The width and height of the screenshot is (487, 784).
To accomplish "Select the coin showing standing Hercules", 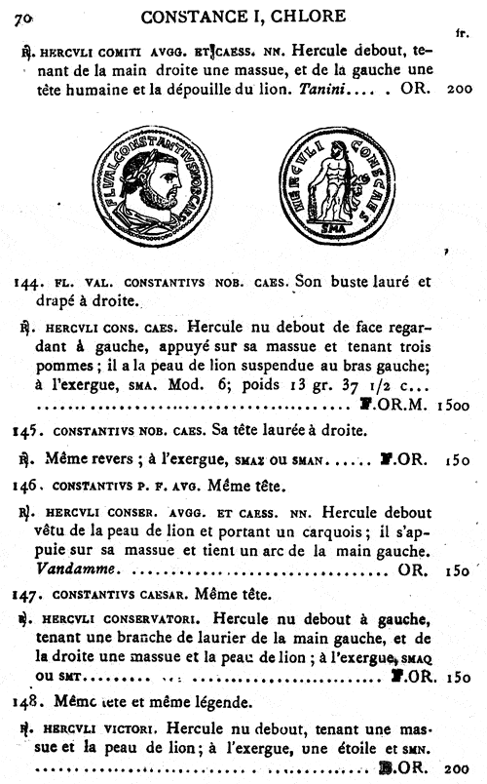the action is coord(337,194).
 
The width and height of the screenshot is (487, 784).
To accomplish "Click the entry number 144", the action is coord(26,284).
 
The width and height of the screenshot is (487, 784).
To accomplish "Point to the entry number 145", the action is coord(26,430).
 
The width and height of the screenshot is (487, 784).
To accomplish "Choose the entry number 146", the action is coord(26,482).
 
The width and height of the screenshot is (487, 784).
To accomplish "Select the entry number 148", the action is coord(26,700).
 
